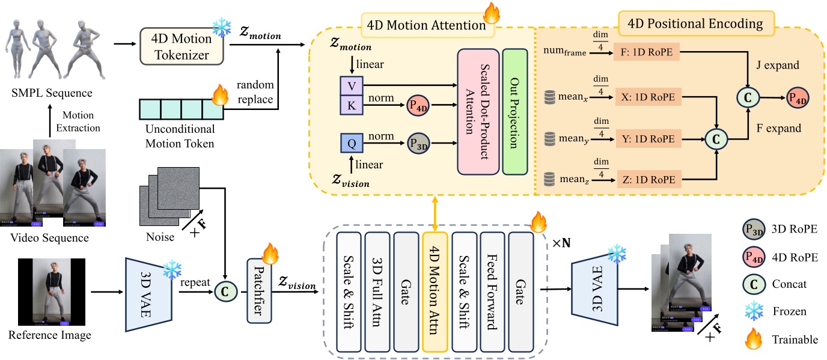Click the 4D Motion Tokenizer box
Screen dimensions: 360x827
(x=182, y=46)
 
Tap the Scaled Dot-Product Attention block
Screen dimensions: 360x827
(x=478, y=112)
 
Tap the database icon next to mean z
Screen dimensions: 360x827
(x=549, y=178)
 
